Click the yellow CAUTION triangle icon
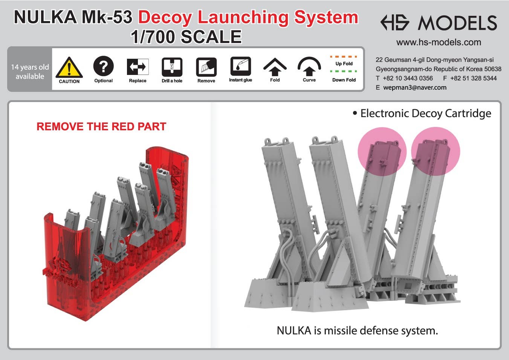pos(69,68)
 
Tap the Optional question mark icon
pos(103,66)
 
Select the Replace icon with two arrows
pos(138,67)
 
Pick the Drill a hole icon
pos(172,67)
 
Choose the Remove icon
pos(206,67)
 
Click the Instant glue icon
pos(240,66)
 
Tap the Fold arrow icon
pos(275,67)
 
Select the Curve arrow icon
pos(309,67)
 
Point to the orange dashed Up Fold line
pos(343,57)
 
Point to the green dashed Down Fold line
pos(343,71)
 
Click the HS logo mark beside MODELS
pos(394,23)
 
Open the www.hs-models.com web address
pos(439,42)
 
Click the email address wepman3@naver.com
pos(415,87)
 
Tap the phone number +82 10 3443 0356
pos(408,78)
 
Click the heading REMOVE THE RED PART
pos(101,127)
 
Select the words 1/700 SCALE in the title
pos(186,37)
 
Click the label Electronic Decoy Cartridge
pos(425,113)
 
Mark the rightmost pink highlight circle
pos(435,151)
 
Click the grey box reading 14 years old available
pos(30,72)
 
